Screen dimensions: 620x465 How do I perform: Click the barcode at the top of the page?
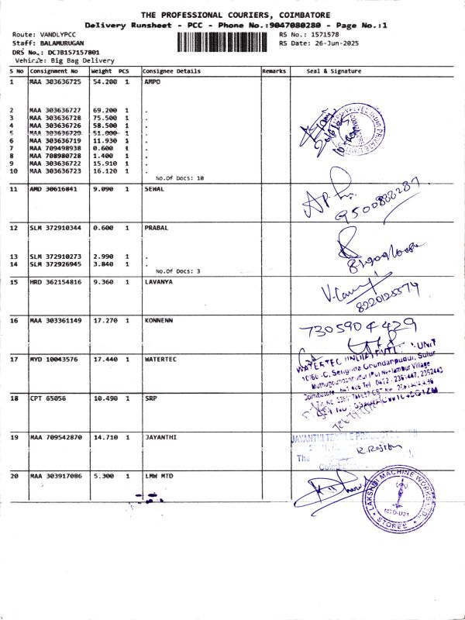coord(226,40)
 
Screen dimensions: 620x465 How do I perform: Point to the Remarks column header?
coord(274,71)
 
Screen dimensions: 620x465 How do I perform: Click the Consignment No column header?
coord(53,71)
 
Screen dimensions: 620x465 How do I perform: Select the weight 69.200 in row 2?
coord(104,111)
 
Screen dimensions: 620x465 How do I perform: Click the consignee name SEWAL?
coord(156,189)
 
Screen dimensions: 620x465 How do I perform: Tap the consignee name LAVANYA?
coord(160,282)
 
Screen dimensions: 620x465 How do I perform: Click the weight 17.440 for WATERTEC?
coord(104,360)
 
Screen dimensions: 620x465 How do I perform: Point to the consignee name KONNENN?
coord(160,321)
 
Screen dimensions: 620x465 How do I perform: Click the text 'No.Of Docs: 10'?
coord(179,178)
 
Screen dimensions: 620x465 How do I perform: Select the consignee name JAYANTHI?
coord(160,437)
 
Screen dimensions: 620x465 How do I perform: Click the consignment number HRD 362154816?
coord(55,282)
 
